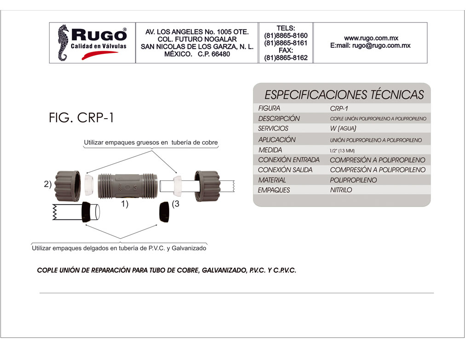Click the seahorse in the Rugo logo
[x=63, y=43]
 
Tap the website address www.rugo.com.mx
[x=371, y=38]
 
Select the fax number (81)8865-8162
[x=286, y=58]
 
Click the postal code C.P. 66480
[x=214, y=54]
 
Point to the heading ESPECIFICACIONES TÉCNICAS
[x=344, y=95]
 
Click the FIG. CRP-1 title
[x=81, y=118]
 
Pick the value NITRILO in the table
[x=341, y=190]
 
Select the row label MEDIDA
[x=270, y=150]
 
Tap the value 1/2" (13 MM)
[x=342, y=151]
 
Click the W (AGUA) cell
[x=339, y=129]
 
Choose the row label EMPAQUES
[x=274, y=190]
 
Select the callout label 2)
[x=47, y=184]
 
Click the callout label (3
[x=175, y=204]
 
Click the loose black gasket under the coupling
[x=163, y=212]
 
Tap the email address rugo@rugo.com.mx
[x=381, y=46]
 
